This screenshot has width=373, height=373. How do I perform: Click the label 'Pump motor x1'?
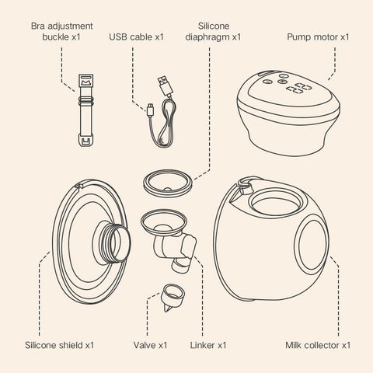click(x=318, y=37)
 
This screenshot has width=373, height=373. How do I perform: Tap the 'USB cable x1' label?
click(x=136, y=37)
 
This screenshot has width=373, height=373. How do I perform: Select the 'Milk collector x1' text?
click(x=318, y=345)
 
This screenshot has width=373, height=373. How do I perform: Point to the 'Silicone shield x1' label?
click(x=59, y=345)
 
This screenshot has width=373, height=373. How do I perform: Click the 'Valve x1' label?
click(x=150, y=345)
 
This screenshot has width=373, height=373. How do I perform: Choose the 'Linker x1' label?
click(x=208, y=345)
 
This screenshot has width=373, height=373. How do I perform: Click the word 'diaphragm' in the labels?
click(x=207, y=37)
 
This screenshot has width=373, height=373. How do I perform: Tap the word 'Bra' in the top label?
click(x=37, y=26)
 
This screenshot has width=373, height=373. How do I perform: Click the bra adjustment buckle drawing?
click(x=85, y=110)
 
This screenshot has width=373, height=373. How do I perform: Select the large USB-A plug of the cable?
click(x=165, y=85)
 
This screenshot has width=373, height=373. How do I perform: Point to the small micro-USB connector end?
click(x=150, y=110)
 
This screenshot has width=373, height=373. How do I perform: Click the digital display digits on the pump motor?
click(x=298, y=89)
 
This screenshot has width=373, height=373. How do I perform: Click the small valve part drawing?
click(x=173, y=297)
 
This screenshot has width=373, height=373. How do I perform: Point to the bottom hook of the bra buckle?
click(x=85, y=140)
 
